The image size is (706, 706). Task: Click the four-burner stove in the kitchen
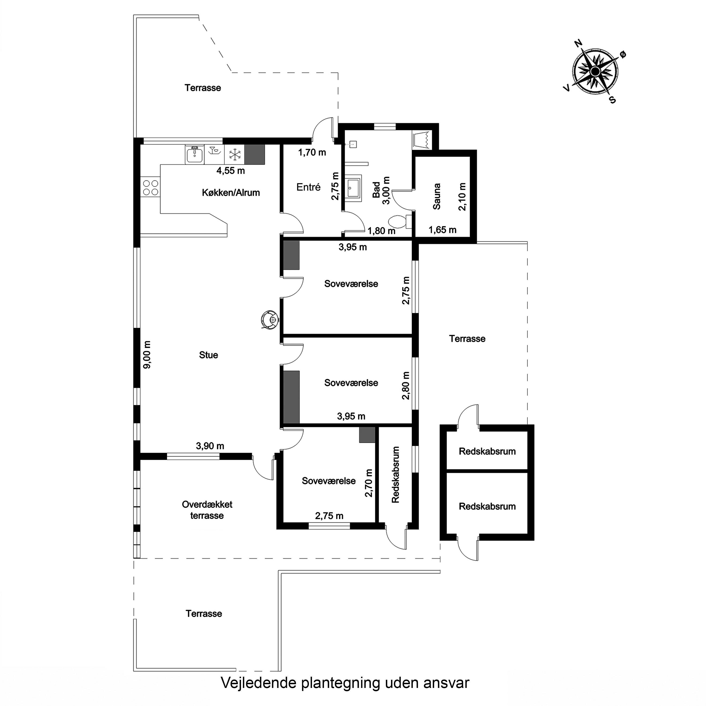pyautogui.click(x=150, y=187)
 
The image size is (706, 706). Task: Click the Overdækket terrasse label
pyautogui.click(x=207, y=510)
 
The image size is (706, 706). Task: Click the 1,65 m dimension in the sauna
pyautogui.click(x=443, y=230)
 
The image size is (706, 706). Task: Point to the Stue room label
pyautogui.click(x=209, y=355)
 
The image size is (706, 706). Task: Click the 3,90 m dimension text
pyautogui.click(x=210, y=446)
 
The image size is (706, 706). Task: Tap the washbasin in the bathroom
pyautogui.click(x=353, y=188)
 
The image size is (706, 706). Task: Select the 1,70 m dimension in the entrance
pyautogui.click(x=312, y=152)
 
